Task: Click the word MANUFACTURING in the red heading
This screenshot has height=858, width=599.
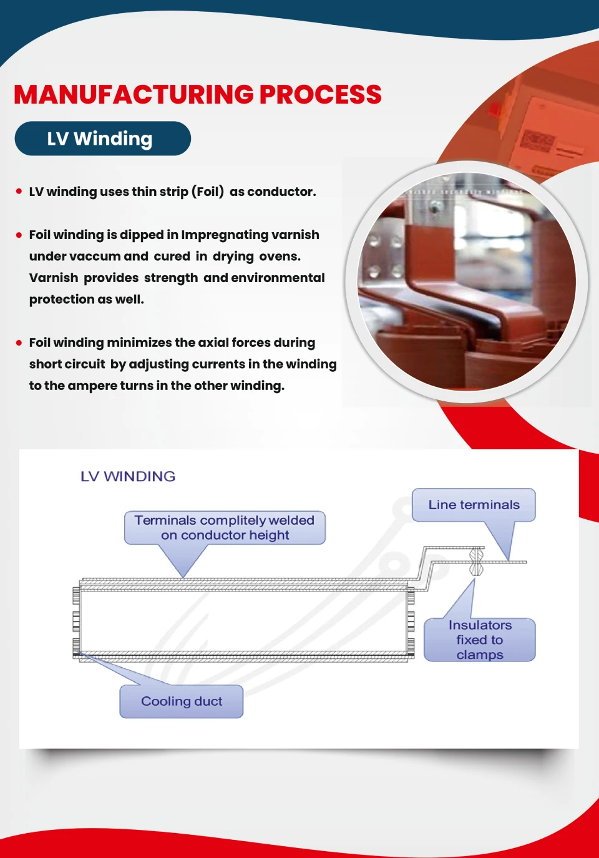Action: [x=134, y=95]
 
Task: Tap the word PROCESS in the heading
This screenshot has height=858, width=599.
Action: [x=320, y=95]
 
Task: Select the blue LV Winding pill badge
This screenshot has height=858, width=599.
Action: [x=102, y=139]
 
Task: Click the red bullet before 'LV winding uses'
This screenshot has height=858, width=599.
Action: [x=19, y=192]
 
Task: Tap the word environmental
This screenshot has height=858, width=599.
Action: [x=278, y=278]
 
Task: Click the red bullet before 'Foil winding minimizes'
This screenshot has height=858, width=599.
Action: [x=19, y=343]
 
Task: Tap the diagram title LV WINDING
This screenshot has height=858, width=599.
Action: [x=128, y=477]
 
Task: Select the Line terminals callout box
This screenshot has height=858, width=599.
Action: [x=474, y=505]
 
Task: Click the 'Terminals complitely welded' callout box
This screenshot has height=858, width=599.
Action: [x=225, y=528]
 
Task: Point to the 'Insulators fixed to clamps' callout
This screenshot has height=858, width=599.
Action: [x=479, y=640]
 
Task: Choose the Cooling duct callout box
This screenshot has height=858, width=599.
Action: [x=181, y=701]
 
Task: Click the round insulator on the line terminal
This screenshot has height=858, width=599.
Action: [x=476, y=562]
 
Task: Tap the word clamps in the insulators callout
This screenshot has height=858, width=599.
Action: [x=479, y=655]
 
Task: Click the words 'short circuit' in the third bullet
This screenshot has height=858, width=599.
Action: [x=67, y=364]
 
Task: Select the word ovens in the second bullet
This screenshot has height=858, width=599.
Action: [x=280, y=256]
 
